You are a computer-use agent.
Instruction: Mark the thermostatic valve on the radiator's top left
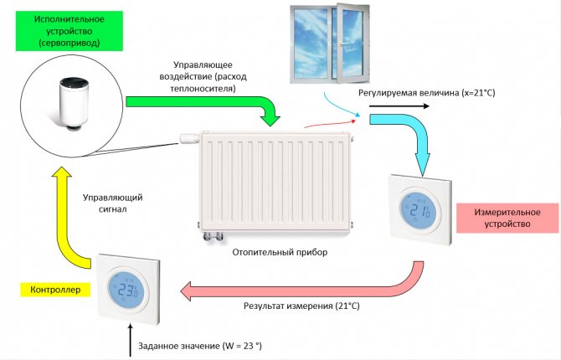tap(188, 136)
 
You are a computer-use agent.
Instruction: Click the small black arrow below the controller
tap(131, 343)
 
